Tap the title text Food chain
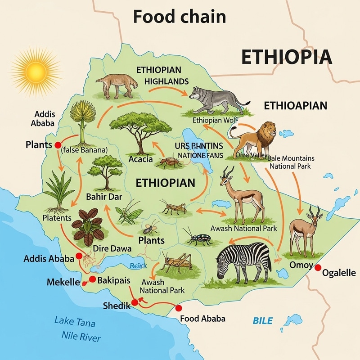coord(180,17)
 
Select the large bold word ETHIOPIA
coord(287,57)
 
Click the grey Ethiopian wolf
coord(216,99)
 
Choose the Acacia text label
coord(140,159)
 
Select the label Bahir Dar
coord(104,197)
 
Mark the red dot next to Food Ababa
coord(179,308)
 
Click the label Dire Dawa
coord(112,248)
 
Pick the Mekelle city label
coord(63,282)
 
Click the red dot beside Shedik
coord(135,302)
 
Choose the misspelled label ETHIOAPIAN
coord(295,106)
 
